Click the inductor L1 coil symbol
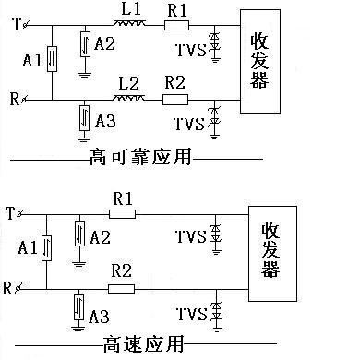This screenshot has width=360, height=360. click(x=129, y=23)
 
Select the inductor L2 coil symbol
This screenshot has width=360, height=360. click(x=128, y=98)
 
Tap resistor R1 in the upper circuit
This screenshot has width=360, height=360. click(x=176, y=25)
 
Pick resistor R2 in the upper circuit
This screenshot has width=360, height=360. click(x=175, y=100)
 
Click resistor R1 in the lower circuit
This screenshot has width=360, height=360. click(x=122, y=214)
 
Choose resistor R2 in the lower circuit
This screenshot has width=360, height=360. click(x=121, y=289)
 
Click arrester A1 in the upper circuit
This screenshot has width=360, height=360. click(x=52, y=59)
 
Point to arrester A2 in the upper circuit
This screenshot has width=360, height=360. click(x=85, y=44)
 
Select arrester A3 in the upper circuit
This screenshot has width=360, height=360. click(x=84, y=118)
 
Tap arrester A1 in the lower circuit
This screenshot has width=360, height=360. click(x=46, y=248)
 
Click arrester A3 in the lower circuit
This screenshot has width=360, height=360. click(x=78, y=307)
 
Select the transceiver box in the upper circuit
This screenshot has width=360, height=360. click(x=260, y=61)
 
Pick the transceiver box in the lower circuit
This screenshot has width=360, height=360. click(x=272, y=254)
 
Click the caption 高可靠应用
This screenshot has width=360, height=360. click(x=140, y=157)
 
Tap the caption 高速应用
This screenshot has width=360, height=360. click(x=143, y=343)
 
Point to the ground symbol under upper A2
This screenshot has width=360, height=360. click(x=84, y=74)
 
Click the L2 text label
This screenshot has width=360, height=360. click(x=128, y=83)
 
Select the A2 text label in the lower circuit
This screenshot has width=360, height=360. click(x=101, y=237)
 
